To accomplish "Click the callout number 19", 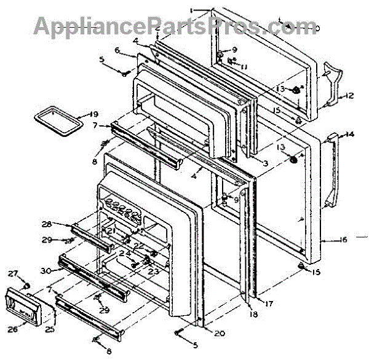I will click(92, 114).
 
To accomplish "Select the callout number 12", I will click(349, 95).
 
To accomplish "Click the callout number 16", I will click(343, 240).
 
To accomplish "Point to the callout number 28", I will click(48, 224).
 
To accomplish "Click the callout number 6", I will click(117, 50).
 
